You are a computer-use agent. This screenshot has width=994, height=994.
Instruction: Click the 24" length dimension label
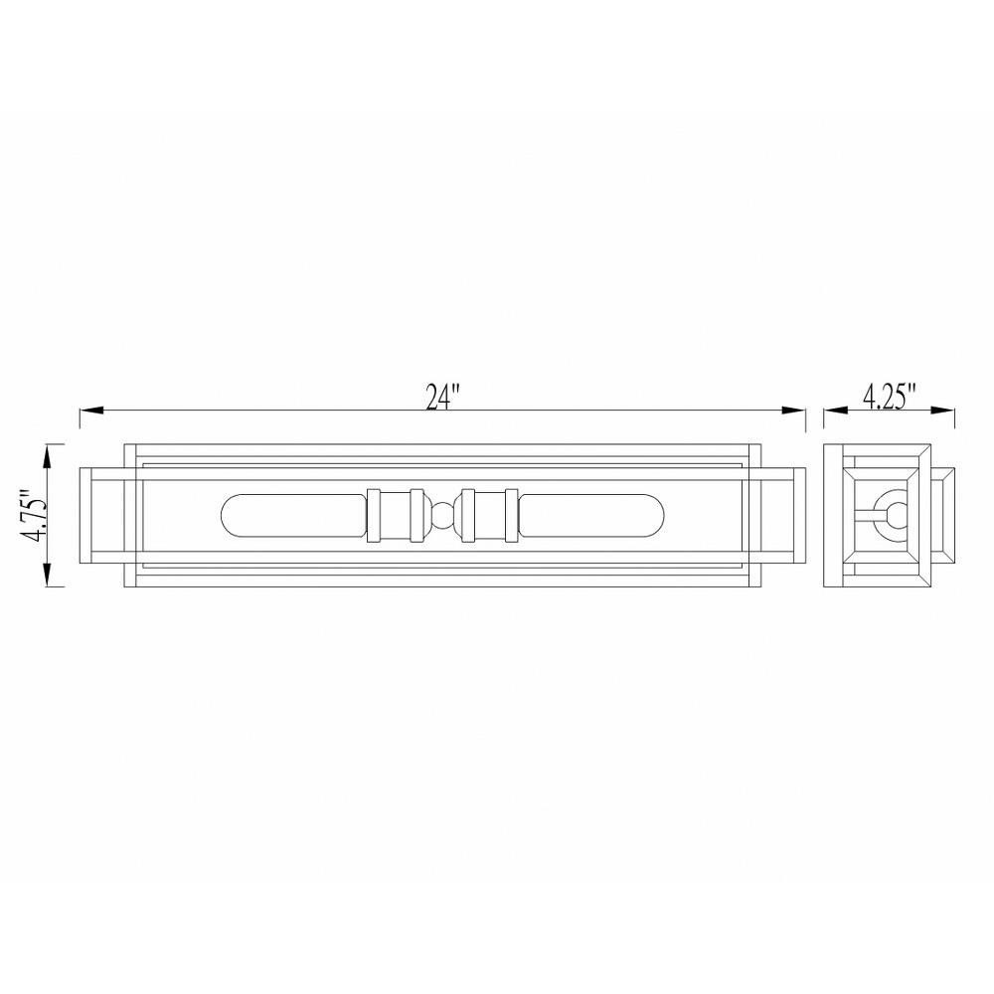point(442,398)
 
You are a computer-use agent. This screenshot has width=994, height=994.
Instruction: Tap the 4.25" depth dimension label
point(890,397)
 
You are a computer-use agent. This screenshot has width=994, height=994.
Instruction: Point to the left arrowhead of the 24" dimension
point(91,411)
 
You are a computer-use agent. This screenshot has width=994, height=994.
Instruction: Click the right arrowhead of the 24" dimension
point(793,411)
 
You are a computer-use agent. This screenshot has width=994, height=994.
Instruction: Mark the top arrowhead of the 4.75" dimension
point(48,456)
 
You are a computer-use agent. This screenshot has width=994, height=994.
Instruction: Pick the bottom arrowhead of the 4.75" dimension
point(48,575)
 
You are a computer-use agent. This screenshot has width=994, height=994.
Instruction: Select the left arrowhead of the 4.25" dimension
point(836,411)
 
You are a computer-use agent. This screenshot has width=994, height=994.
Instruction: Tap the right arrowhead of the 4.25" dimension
point(942,411)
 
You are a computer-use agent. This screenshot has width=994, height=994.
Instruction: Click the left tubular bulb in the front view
point(294,515)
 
